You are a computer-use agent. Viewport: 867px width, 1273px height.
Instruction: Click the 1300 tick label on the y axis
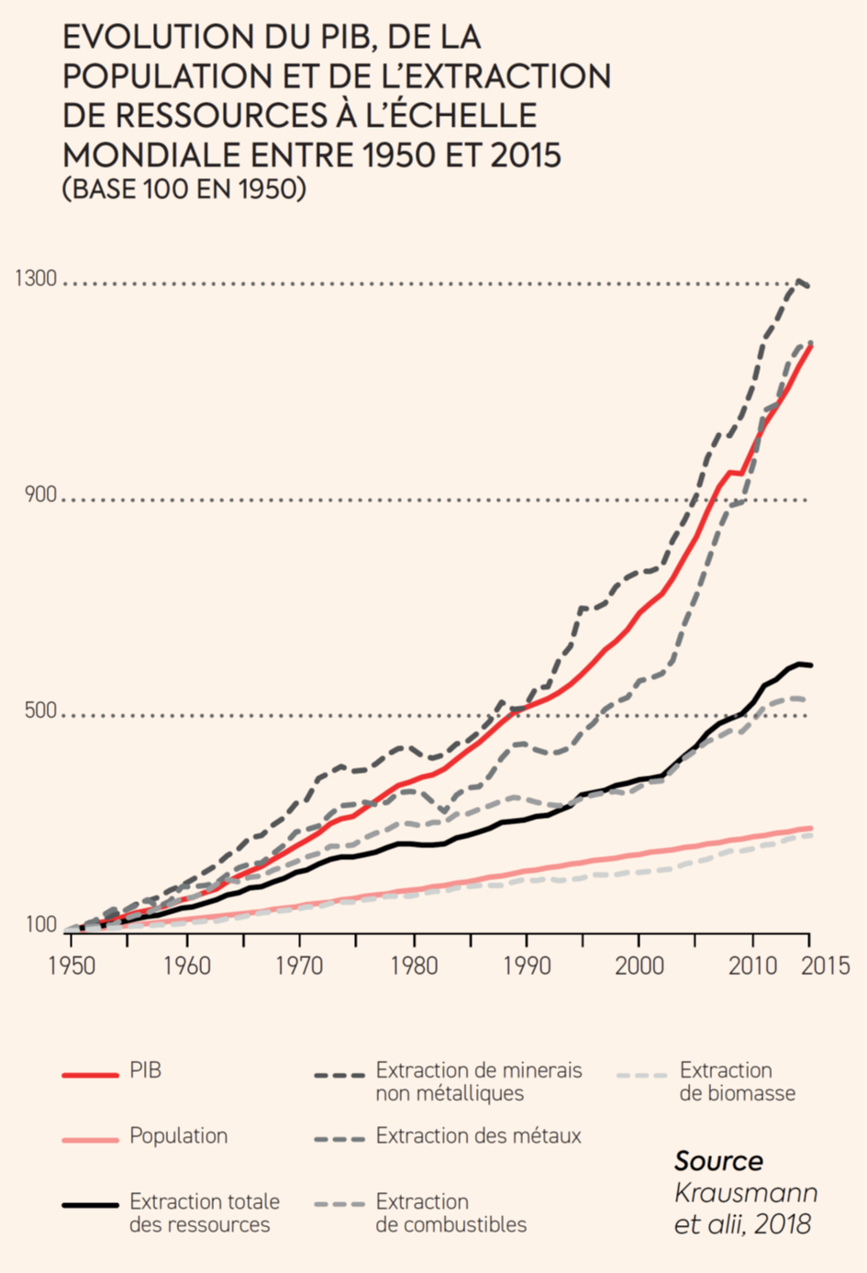pyautogui.click(x=36, y=278)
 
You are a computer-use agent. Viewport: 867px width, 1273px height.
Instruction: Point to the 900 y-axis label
pyautogui.click(x=39, y=495)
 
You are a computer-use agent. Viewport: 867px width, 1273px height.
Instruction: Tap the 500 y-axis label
pyautogui.click(x=39, y=710)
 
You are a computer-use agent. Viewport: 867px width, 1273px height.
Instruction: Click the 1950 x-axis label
pyautogui.click(x=72, y=966)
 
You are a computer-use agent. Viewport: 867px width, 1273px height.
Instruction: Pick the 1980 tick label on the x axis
pyautogui.click(x=414, y=966)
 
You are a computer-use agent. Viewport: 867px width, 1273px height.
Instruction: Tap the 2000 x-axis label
pyautogui.click(x=639, y=966)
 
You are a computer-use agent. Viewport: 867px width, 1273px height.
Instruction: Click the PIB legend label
pyautogui.click(x=145, y=1071)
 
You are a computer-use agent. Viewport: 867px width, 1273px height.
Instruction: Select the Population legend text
pyautogui.click(x=178, y=1136)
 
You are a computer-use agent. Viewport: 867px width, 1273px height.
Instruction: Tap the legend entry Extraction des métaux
pyautogui.click(x=478, y=1136)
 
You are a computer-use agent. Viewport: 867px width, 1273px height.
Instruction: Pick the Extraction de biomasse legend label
pyautogui.click(x=737, y=1082)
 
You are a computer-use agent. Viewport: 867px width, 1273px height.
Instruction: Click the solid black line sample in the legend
pyautogui.click(x=90, y=1204)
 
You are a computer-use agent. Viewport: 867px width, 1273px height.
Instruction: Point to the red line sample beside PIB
pyautogui.click(x=90, y=1074)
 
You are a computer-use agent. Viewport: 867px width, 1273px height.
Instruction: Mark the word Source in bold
pyautogui.click(x=718, y=1161)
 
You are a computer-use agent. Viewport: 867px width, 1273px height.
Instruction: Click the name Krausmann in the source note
pyautogui.click(x=745, y=1193)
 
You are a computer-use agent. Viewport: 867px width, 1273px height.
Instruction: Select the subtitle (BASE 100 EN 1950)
pyautogui.click(x=183, y=189)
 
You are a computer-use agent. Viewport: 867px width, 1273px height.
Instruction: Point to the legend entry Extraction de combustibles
pyautogui.click(x=450, y=1213)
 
